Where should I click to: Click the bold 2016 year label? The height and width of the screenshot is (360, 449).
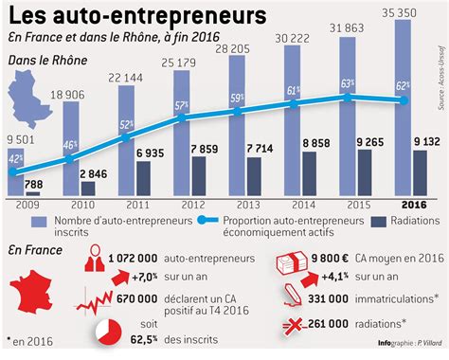tap(410, 203)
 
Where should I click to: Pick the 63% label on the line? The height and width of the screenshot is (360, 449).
tap(349, 84)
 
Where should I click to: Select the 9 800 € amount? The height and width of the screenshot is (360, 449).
tap(334, 257)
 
